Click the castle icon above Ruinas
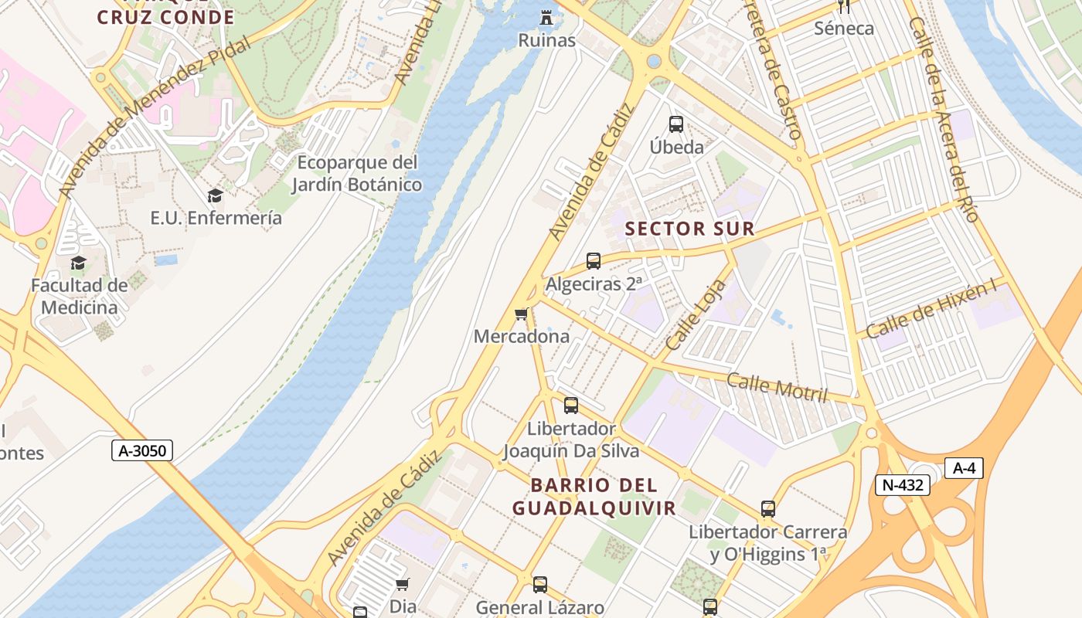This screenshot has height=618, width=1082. click(547, 17)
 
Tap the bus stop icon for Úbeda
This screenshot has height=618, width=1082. click(676, 124)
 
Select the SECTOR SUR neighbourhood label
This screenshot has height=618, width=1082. click(689, 229)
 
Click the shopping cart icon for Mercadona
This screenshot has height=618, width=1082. click(522, 314)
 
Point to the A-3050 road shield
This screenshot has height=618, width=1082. click(143, 450)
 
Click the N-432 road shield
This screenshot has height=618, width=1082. click(902, 485)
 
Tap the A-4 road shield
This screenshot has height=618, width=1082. click(964, 468)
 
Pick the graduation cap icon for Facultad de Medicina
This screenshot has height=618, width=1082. click(78, 263)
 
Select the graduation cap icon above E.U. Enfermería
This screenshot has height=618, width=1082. click(215, 196)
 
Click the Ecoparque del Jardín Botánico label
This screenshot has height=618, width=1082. click(357, 174)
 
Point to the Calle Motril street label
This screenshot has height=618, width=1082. click(777, 387)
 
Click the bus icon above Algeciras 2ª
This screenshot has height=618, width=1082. click(594, 261)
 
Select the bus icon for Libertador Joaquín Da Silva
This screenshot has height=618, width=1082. click(571, 406)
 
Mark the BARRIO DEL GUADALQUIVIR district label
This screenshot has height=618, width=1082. click(594, 497)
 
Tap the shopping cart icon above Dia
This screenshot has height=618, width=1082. click(402, 584)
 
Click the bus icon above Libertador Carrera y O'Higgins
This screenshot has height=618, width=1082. click(767, 509)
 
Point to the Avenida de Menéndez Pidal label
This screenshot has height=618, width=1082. click(155, 116)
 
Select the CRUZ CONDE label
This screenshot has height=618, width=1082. click(165, 17)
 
